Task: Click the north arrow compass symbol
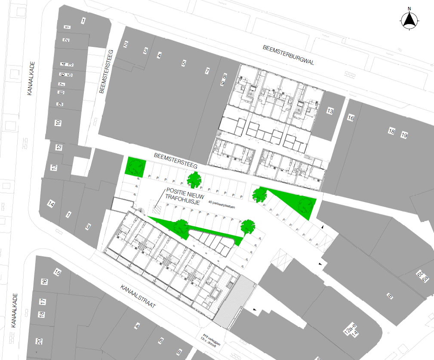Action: pos(409,19)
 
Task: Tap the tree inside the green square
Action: pos(136,166)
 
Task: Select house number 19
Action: pos(404,135)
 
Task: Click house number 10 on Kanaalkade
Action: pos(58,123)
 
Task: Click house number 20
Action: pos(39,342)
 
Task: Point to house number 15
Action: pos(57,272)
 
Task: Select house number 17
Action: pos(42,302)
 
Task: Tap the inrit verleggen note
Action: pos(212,340)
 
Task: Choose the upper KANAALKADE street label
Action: pos(31,79)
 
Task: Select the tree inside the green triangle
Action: pos(303,206)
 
